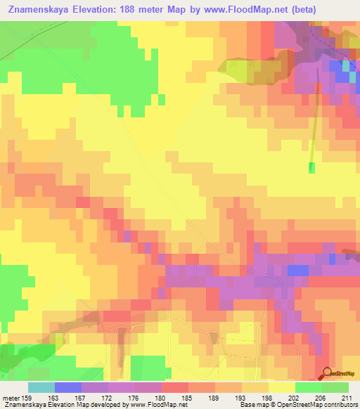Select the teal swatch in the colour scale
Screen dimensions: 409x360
coord(41,387)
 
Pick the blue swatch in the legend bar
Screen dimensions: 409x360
coord(68,387)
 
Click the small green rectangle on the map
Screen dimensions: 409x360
coord(311,167)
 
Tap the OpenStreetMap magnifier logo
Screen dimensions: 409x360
coord(328,374)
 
